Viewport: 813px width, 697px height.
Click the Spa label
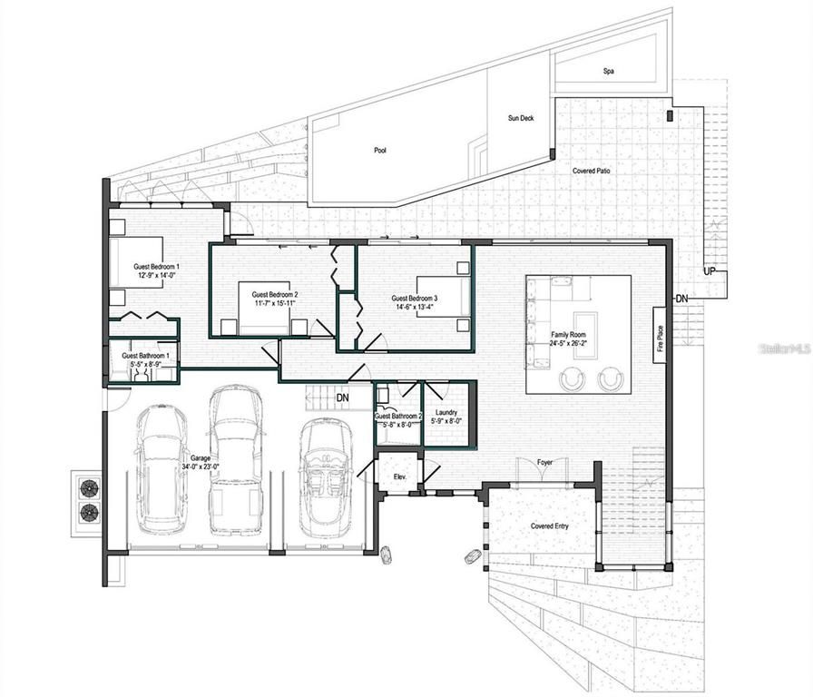coord(609,71)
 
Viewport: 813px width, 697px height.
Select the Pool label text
coord(380,151)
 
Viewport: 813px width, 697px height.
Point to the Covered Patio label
coord(592,171)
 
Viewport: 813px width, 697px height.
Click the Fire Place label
coord(661,339)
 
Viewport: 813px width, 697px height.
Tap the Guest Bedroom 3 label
coord(414,299)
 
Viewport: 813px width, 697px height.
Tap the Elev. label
coord(398,476)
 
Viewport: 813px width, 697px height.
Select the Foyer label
coord(544,463)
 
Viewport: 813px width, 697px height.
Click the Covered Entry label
coord(551,526)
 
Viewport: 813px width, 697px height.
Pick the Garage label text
coord(201,458)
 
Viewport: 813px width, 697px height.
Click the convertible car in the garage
coord(325,476)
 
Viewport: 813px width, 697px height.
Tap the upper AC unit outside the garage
coord(89,488)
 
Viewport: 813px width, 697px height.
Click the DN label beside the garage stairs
coord(342,398)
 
